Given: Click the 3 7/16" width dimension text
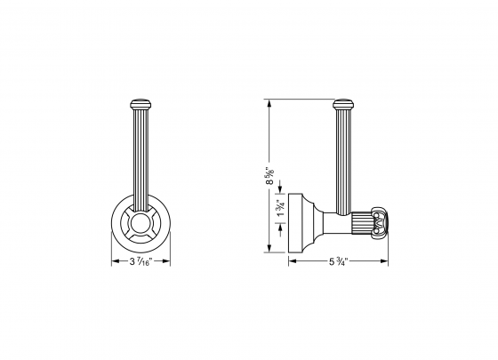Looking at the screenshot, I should [x=140, y=261].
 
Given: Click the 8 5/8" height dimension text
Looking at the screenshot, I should [x=269, y=174].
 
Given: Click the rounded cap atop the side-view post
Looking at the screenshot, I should [x=342, y=103].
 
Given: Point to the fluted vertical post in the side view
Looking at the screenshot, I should [x=342, y=151].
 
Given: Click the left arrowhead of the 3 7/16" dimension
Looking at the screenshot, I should [x=113, y=261].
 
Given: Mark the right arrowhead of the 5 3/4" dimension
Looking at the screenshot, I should [x=386, y=261].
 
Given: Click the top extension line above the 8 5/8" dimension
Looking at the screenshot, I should [x=293, y=98].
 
